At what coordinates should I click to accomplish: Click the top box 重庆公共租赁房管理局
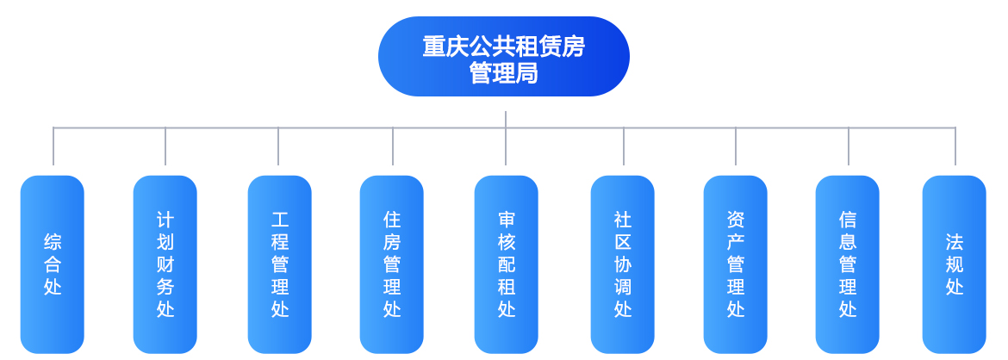(x=503, y=57)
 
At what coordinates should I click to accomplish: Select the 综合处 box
(x=52, y=264)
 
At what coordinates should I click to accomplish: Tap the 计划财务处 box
(x=165, y=264)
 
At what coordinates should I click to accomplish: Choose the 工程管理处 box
(x=280, y=264)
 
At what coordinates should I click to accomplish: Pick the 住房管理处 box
(x=391, y=264)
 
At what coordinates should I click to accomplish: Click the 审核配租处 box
(x=507, y=264)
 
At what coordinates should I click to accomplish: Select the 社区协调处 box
(x=622, y=264)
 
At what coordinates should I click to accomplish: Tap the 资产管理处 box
(x=736, y=264)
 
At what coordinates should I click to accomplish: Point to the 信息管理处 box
(x=847, y=264)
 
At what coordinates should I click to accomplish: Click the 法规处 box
(x=954, y=264)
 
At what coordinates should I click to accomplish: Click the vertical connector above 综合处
(x=53, y=146)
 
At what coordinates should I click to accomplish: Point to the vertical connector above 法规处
(x=955, y=146)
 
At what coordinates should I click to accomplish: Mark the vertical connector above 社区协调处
(x=624, y=146)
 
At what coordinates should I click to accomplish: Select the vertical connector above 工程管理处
(x=278, y=146)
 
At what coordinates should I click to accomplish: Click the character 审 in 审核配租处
(x=507, y=220)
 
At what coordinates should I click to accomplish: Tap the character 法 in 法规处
(x=955, y=242)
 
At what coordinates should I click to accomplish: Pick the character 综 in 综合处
(x=53, y=242)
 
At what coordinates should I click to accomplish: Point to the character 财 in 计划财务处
(x=165, y=264)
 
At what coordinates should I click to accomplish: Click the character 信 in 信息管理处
(x=848, y=220)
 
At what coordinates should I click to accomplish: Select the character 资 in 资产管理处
(x=736, y=220)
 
